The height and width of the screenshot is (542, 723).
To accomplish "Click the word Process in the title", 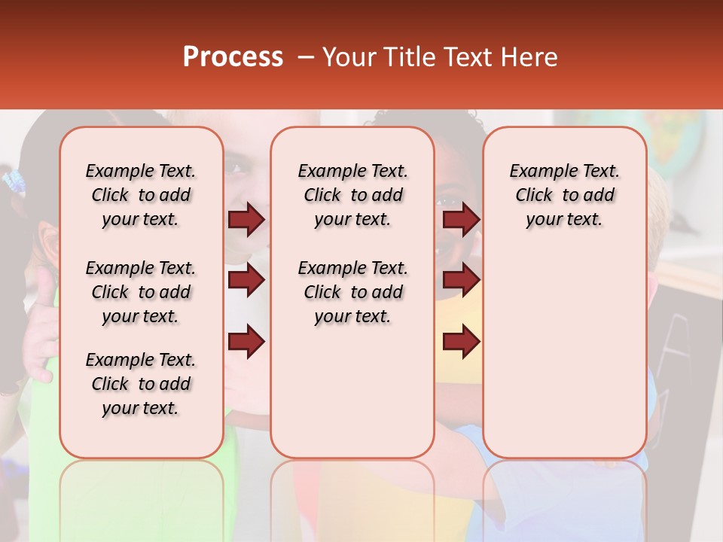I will point(233,57).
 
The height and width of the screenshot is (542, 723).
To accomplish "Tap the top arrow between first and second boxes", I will point(246,219).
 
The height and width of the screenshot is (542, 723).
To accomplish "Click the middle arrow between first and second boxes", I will point(246,281).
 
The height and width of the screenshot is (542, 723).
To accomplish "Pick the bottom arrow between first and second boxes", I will point(246,342).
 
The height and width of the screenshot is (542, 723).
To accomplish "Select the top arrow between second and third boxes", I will point(461,219).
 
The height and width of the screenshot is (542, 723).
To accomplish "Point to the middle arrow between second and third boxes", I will point(461,281).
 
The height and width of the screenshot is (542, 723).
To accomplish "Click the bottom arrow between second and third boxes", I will point(461,342).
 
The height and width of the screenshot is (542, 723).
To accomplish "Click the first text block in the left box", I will point(141,195).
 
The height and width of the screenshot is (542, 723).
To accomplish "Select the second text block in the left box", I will point(141,292).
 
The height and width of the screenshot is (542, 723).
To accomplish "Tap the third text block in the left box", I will point(141,384).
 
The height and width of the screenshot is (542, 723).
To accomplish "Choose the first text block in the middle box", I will point(352,195).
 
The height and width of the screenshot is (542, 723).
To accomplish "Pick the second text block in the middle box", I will point(352,292).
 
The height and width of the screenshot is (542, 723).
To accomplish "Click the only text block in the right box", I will point(564,195).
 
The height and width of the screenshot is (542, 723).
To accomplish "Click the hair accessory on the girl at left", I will point(14,181).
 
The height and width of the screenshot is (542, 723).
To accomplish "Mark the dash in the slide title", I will point(305,58).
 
